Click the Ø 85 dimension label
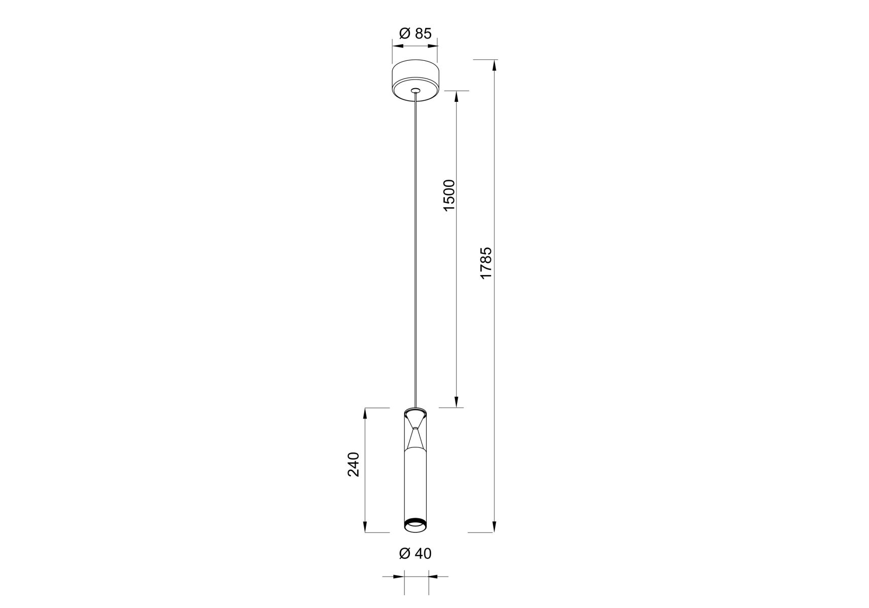coord(415,33)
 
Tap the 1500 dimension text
coord(449,195)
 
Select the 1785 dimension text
coord(486,262)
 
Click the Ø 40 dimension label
coord(415,553)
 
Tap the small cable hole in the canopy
coord(415,91)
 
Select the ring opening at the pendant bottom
coord(415,526)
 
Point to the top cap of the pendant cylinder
coord(415,409)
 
